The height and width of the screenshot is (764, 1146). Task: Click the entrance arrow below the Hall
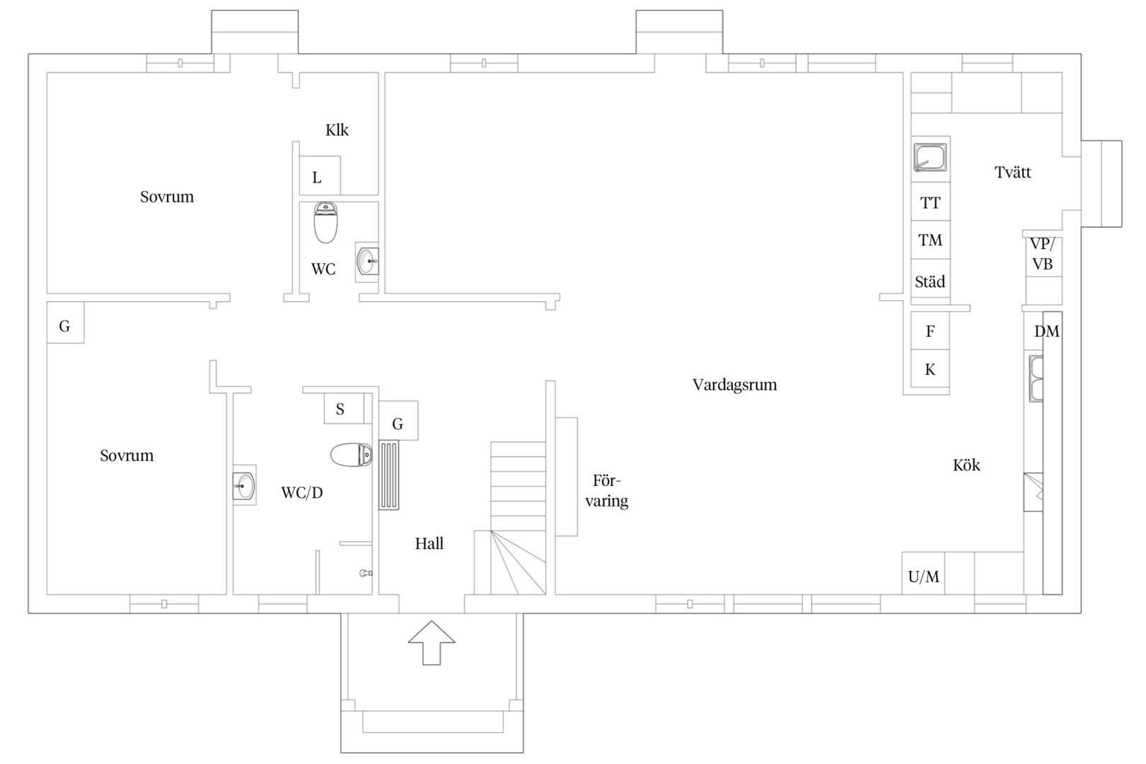(x=432, y=643)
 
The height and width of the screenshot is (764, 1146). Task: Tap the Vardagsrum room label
(x=735, y=385)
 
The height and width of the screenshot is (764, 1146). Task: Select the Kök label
(x=966, y=465)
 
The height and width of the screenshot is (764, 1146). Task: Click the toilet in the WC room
(x=325, y=223)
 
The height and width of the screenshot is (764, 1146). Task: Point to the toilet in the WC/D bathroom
(x=352, y=455)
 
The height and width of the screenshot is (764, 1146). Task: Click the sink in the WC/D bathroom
(x=245, y=485)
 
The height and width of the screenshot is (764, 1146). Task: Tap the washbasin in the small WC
(x=367, y=262)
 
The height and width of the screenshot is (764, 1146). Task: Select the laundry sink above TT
(x=930, y=157)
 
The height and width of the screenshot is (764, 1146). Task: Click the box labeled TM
(x=931, y=240)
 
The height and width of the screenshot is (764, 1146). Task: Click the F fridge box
(x=931, y=331)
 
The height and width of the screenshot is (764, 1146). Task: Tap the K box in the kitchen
(x=931, y=369)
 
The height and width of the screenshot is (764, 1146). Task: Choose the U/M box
(x=923, y=573)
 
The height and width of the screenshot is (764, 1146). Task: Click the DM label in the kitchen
(x=1047, y=332)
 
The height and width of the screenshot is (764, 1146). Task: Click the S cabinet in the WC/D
(x=344, y=408)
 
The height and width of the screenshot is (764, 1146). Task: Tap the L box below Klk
(x=320, y=175)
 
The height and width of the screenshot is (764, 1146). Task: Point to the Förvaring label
(x=607, y=491)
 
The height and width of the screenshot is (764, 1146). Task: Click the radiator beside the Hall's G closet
(x=389, y=475)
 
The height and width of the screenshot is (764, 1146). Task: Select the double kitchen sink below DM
(x=1036, y=378)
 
